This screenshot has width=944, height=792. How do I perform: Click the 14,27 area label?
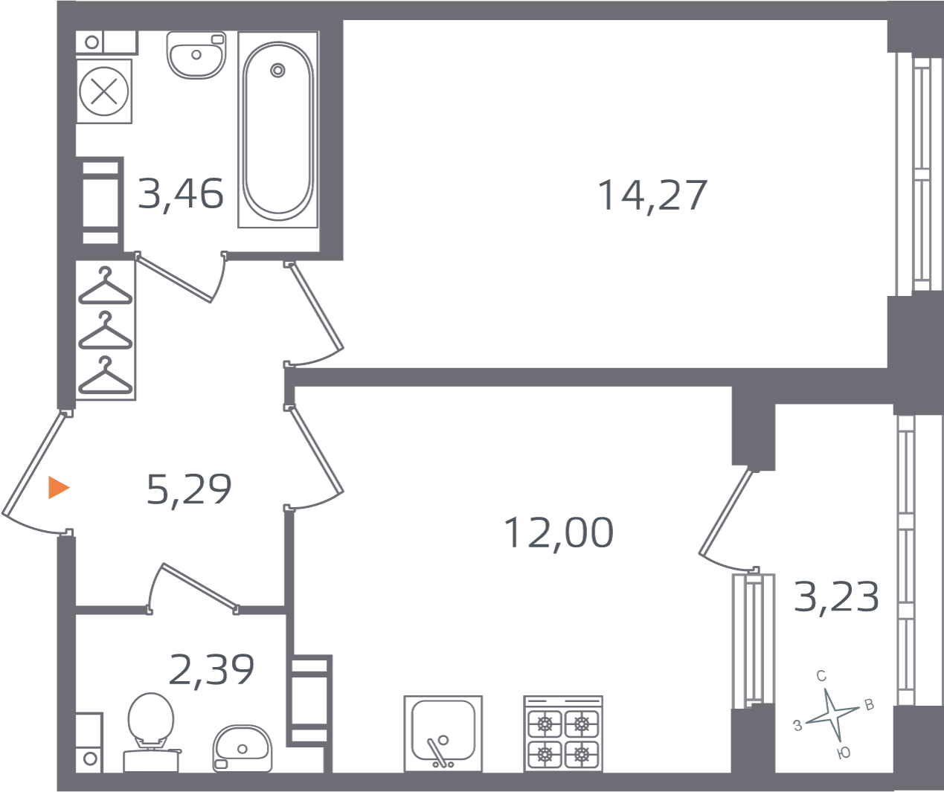click(652, 196)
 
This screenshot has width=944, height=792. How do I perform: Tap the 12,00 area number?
click(559, 533)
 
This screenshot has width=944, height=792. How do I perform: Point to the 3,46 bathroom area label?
click(180, 194)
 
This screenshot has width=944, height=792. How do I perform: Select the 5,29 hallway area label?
click(189, 489)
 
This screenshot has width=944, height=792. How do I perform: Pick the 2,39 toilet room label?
click(211, 670)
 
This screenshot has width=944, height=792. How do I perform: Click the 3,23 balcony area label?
click(836, 597)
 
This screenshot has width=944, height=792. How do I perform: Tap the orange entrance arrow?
click(59, 488)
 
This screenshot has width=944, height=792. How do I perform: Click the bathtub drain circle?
click(277, 71)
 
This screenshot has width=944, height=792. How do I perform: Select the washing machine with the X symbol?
click(104, 91)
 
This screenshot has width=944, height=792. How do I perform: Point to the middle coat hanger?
click(106, 331)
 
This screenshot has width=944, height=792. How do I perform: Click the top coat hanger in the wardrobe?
click(106, 286)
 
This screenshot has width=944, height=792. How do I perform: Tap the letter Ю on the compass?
click(844, 753)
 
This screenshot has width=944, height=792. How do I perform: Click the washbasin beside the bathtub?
click(196, 55)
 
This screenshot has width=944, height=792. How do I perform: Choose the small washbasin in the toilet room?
click(243, 748)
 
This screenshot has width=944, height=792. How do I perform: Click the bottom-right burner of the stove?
click(581, 754)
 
